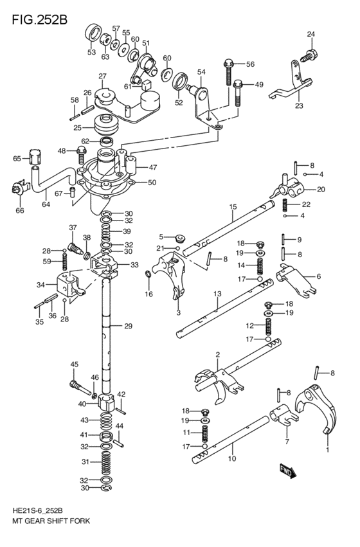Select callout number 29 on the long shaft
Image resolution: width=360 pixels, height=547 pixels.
[x=128, y=327]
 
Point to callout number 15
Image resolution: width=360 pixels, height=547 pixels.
[x=233, y=206]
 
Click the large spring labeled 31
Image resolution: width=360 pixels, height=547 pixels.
[x=107, y=462]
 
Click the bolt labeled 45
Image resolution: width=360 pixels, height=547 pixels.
[x=76, y=388]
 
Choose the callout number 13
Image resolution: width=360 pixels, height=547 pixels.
[x=217, y=293]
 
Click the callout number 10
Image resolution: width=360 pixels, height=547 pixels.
[x=232, y=458]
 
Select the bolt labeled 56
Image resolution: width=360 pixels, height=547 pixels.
[x=228, y=71]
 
